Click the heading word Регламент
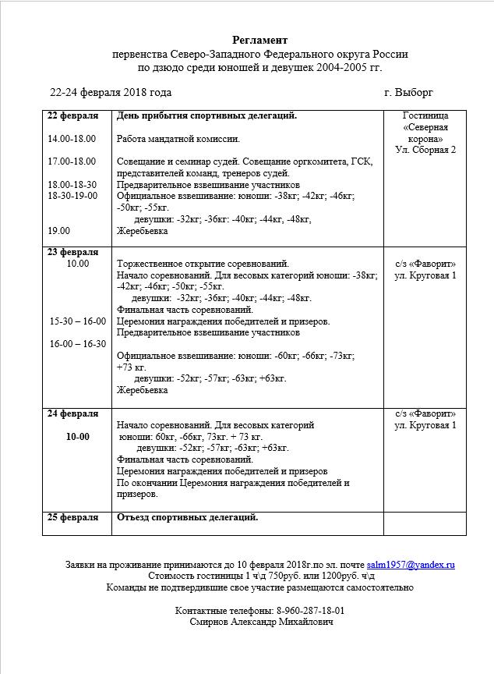[259, 40]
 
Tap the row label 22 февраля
[73, 116]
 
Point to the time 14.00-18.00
[72, 139]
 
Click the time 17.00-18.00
[72, 161]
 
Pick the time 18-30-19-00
[72, 196]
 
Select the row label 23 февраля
[73, 252]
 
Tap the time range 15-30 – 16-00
[78, 321]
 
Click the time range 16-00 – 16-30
[78, 344]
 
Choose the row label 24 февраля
[73, 413]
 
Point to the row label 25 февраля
[73, 517]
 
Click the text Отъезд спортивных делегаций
[187, 517]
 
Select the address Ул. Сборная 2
[425, 150]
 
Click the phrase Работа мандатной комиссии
[178, 139]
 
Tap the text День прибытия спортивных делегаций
[206, 116]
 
